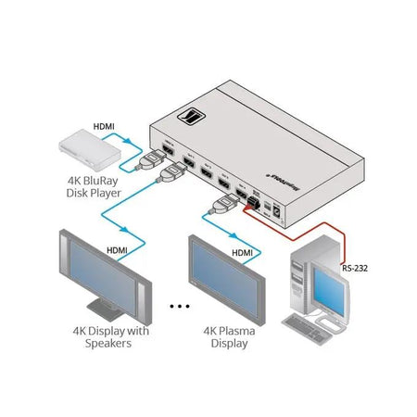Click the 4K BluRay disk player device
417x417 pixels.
[82, 141]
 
